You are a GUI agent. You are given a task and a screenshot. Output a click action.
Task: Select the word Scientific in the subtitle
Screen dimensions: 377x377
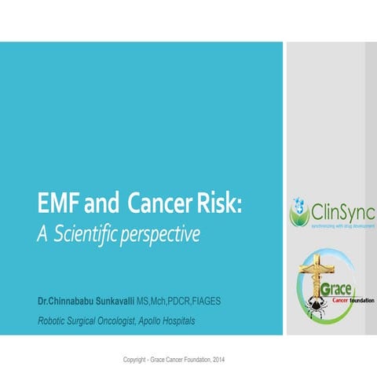(86, 233)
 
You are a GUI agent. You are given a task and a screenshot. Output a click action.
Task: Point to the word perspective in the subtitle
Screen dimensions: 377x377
(161, 234)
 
